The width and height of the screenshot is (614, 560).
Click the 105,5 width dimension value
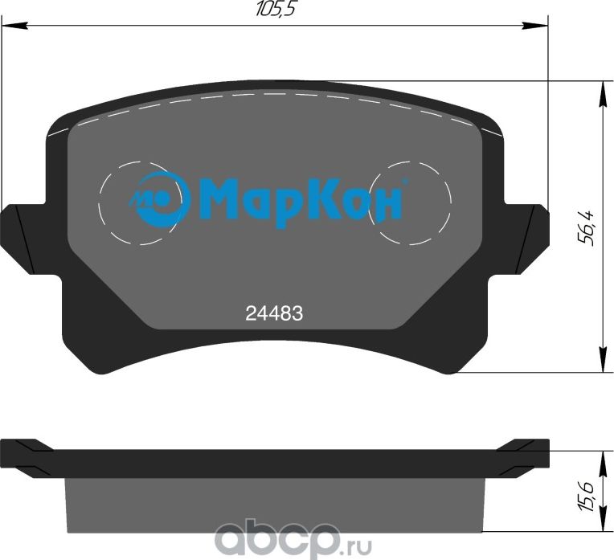(274, 10)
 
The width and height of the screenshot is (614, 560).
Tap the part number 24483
(273, 315)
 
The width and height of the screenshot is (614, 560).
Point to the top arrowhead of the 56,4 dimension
(601, 90)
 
